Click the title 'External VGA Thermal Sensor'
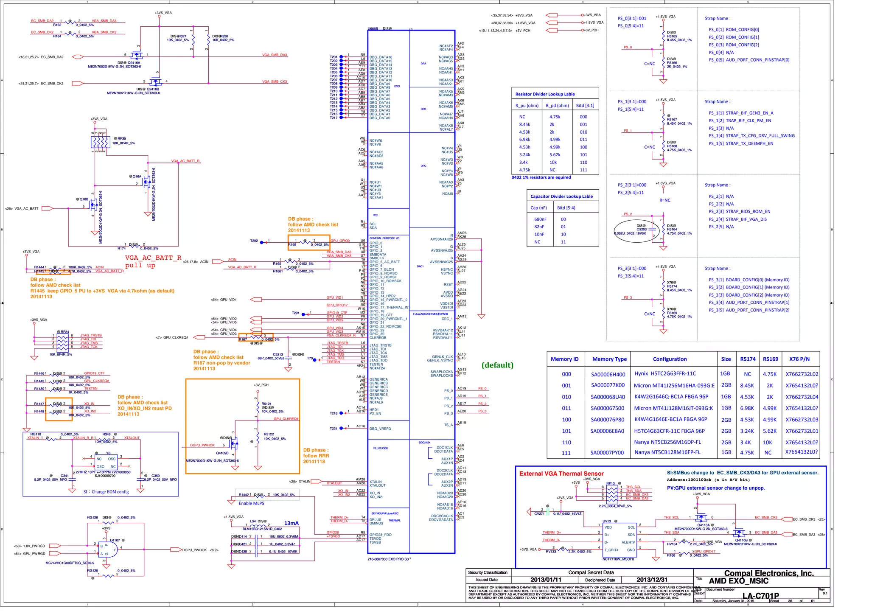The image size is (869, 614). click(561, 474)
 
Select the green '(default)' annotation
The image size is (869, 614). click(497, 365)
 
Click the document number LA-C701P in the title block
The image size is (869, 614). click(760, 595)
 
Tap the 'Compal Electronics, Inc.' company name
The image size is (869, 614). click(768, 573)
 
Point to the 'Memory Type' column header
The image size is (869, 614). click(609, 359)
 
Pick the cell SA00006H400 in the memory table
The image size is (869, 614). click(608, 374)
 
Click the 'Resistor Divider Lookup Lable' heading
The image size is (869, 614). click(545, 94)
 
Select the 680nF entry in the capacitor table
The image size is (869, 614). click(540, 219)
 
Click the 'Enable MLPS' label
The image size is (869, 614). click(251, 503)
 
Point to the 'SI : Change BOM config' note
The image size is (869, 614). click(106, 492)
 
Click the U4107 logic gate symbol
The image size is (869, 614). click(108, 549)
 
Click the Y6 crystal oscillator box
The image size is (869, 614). click(106, 463)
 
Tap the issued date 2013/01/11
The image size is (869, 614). click(546, 580)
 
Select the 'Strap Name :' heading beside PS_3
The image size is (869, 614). click(718, 268)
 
